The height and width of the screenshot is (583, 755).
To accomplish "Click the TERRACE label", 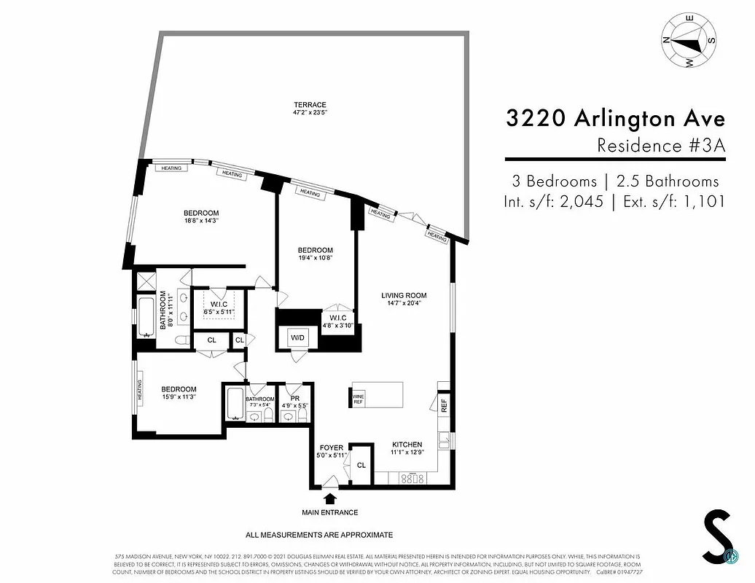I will pyautogui.click(x=310, y=105).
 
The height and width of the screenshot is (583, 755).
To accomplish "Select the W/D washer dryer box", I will pyautogui.click(x=297, y=338).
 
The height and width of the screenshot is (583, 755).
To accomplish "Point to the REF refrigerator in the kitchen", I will pyautogui.click(x=443, y=406).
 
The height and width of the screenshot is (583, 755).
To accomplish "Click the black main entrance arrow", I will pyautogui.click(x=330, y=499).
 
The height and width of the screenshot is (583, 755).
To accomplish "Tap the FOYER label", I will pyautogui.click(x=331, y=447).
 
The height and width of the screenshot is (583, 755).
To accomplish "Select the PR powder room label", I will pyautogui.click(x=294, y=399).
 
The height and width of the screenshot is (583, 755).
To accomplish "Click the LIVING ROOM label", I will pyautogui.click(x=404, y=295).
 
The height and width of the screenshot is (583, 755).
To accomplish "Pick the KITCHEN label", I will pyautogui.click(x=407, y=444).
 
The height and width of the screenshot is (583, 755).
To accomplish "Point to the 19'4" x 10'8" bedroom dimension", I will pyautogui.click(x=315, y=257).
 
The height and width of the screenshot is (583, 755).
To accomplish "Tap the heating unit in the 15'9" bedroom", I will pyautogui.click(x=137, y=391).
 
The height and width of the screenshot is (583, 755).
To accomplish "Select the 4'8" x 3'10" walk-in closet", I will pyautogui.click(x=337, y=321).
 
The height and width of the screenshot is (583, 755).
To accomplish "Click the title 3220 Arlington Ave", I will pyautogui.click(x=616, y=119).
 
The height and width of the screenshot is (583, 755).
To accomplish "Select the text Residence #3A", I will pyautogui.click(x=661, y=145).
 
